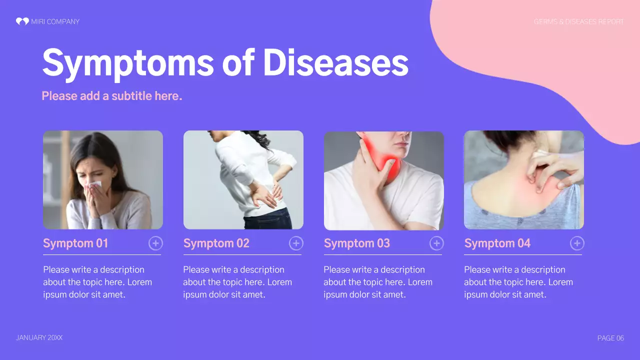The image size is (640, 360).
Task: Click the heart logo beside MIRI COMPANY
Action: click(22, 21)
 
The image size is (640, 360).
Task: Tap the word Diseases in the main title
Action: click(335, 63)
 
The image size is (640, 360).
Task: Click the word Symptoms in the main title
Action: click(128, 63)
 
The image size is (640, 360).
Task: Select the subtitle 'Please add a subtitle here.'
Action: click(111, 95)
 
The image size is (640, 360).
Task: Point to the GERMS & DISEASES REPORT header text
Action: click(578, 21)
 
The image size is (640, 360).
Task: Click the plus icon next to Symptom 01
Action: click(155, 243)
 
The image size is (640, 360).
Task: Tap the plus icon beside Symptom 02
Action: click(296, 243)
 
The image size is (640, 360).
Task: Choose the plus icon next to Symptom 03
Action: click(436, 243)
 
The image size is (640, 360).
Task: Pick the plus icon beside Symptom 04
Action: click(577, 243)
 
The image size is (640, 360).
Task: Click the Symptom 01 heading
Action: click(75, 243)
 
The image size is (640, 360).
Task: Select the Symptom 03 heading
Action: click(356, 243)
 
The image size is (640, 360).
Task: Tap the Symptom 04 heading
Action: click(497, 243)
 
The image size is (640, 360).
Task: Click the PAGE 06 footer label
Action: click(610, 338)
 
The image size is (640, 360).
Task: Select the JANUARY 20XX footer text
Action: click(39, 338)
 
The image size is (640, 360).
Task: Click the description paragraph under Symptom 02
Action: click(237, 282)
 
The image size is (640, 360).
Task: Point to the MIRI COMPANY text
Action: click(55, 21)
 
